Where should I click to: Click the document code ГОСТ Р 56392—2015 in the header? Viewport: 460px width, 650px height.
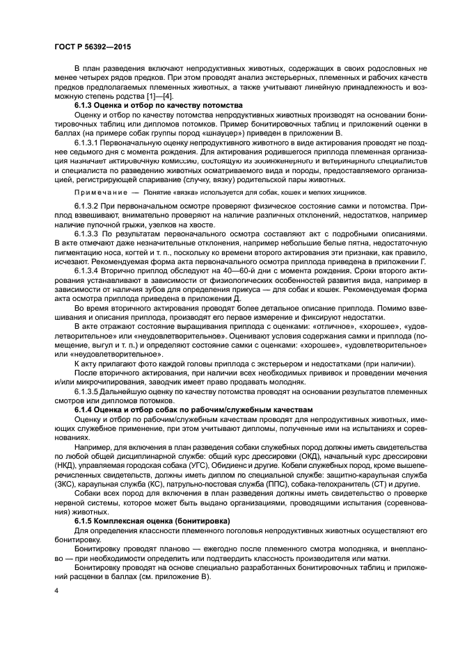click(92, 46)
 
